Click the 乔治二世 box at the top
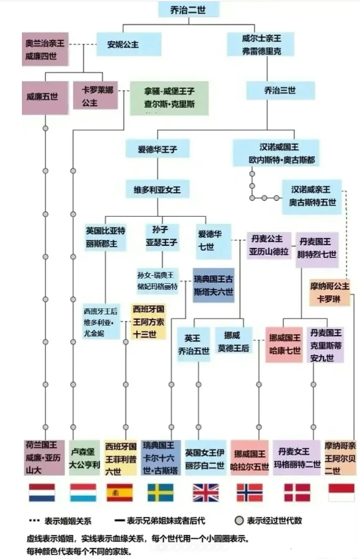point(189,9)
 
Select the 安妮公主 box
point(129,45)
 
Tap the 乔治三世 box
point(280,90)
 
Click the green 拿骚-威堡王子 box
point(169,98)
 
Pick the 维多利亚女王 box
point(157,189)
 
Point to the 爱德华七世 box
point(213,241)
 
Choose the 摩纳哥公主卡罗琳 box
point(329,292)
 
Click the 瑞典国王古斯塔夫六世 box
point(213,285)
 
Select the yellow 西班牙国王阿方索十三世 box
point(148,322)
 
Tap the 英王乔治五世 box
point(193,344)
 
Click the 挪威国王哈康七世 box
point(284,344)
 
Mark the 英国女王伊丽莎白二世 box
point(205,458)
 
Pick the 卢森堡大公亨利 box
point(84,458)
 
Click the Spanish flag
point(120,493)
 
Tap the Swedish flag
point(161,493)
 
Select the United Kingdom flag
point(206,493)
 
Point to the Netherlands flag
point(42,493)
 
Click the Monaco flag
point(341,493)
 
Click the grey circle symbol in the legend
point(239,521)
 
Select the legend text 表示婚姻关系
point(68,521)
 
